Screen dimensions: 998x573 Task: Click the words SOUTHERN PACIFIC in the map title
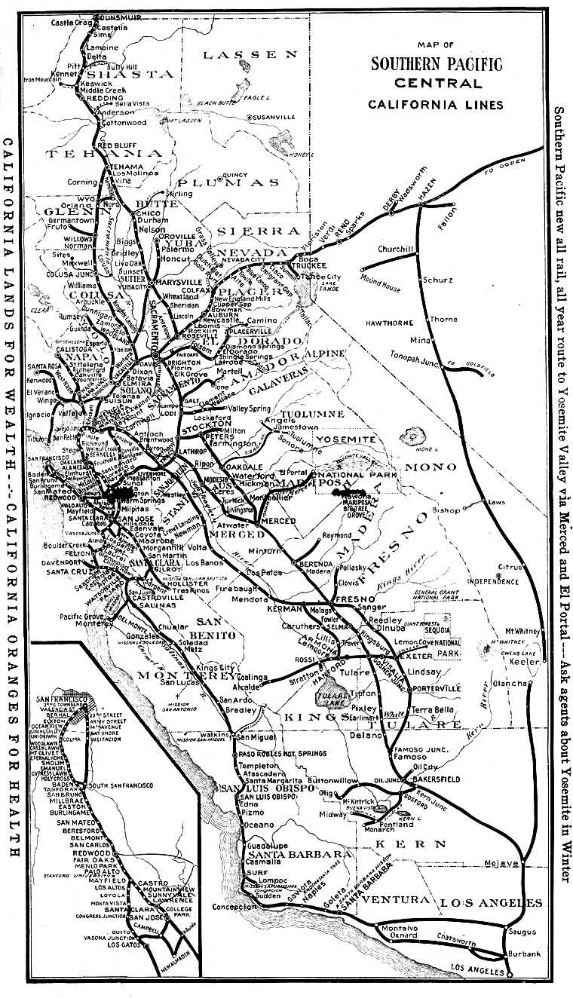point(436,65)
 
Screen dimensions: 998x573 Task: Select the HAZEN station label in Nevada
point(427,191)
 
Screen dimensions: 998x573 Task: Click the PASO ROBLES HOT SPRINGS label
point(271,753)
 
